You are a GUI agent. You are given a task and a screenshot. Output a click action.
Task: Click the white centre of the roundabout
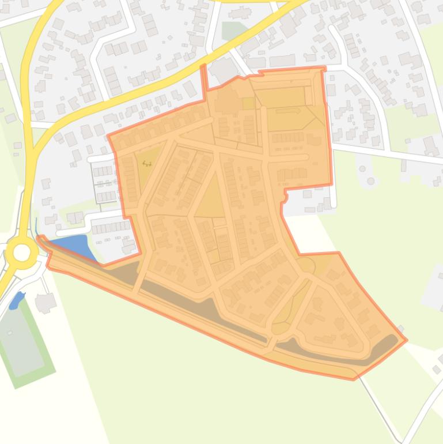(x=22, y=252)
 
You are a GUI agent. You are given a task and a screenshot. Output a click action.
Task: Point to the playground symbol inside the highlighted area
(x=147, y=163)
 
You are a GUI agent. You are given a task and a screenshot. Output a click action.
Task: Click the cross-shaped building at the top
(x=241, y=12)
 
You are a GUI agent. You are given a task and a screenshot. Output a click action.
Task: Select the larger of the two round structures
(x=371, y=181)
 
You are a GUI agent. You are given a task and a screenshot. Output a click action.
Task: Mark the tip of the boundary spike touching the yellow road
(x=203, y=66)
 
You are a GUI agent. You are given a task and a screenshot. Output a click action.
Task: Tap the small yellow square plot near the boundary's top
(x=249, y=103)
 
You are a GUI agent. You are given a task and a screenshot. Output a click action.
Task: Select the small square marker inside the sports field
(x=10, y=333)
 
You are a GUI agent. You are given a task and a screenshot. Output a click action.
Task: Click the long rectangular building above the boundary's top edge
(x=282, y=61)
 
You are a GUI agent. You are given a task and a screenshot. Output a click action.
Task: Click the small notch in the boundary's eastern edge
(x=285, y=196)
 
